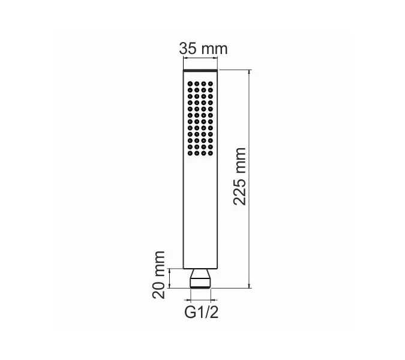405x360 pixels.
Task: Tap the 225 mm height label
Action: [240, 175]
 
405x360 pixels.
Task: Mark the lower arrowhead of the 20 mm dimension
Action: [172, 285]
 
